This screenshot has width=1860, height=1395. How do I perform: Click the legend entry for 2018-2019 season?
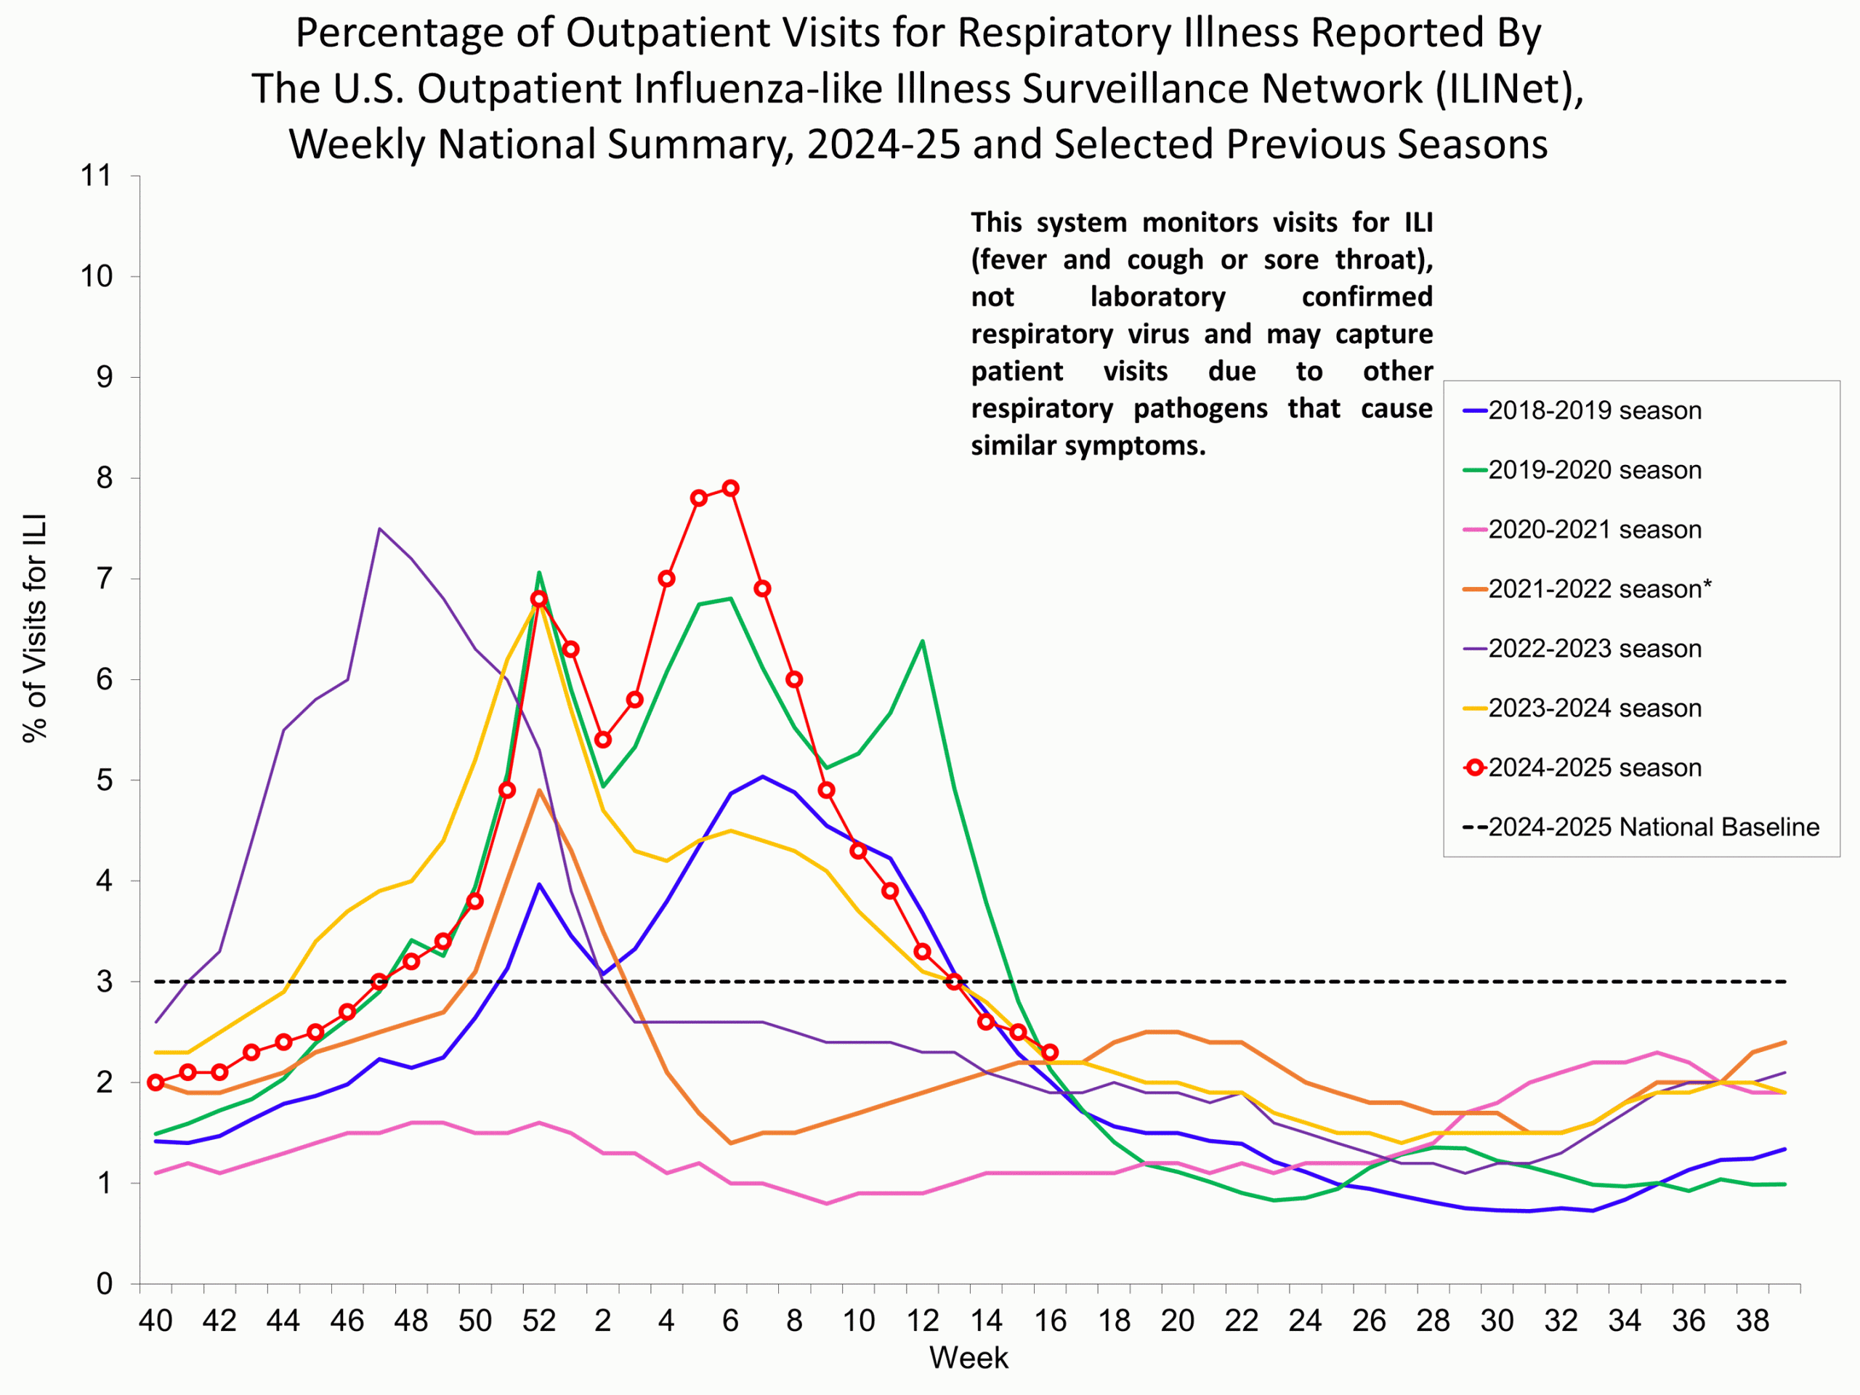1593,411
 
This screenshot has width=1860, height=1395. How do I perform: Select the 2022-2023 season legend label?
1593,648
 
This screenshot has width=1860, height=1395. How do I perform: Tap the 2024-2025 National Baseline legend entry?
1652,827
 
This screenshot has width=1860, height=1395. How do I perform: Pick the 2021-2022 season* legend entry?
1598,589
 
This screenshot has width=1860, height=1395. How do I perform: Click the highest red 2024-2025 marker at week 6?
731,488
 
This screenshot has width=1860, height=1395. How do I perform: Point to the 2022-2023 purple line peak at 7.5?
380,529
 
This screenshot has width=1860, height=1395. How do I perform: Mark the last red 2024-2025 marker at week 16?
1049,1052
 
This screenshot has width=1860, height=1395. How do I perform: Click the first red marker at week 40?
155,1082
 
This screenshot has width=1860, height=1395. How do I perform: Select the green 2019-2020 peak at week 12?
923,642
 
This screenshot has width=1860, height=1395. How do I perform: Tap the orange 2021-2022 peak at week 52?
539,790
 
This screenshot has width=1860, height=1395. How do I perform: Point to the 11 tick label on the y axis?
96,176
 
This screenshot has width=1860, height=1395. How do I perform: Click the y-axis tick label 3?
105,982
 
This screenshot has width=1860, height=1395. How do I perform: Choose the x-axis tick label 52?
539,1321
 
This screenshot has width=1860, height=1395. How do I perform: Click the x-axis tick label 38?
1753,1321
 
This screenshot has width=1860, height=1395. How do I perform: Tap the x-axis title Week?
968,1358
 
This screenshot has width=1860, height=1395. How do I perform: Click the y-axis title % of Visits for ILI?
36,628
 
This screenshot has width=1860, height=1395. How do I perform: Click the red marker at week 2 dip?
603,740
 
